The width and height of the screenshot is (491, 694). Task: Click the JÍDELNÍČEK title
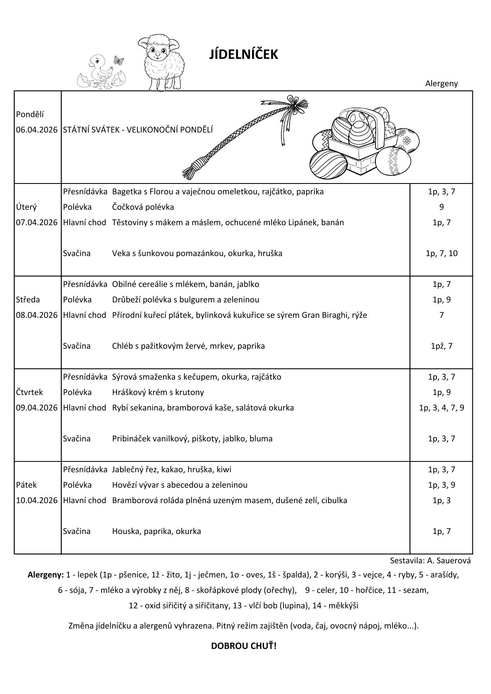[244, 54]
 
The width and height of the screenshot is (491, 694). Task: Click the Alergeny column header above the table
[441, 83]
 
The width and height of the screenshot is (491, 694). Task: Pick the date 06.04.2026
[37, 130]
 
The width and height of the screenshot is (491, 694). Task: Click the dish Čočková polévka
[143, 207]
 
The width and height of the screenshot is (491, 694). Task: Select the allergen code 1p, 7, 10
[441, 253]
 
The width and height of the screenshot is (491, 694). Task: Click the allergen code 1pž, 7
[441, 346]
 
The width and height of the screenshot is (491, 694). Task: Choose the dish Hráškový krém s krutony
[158, 392]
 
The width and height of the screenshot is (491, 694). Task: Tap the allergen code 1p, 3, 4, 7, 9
[441, 408]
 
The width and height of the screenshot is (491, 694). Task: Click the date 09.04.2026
[37, 408]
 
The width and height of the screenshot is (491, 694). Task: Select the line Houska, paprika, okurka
[156, 531]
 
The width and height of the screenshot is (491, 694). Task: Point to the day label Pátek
[26, 485]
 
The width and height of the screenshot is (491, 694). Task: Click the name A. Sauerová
[446, 561]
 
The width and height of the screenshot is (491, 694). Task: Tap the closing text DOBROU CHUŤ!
[244, 646]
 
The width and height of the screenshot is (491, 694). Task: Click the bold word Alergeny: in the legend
[45, 574]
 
